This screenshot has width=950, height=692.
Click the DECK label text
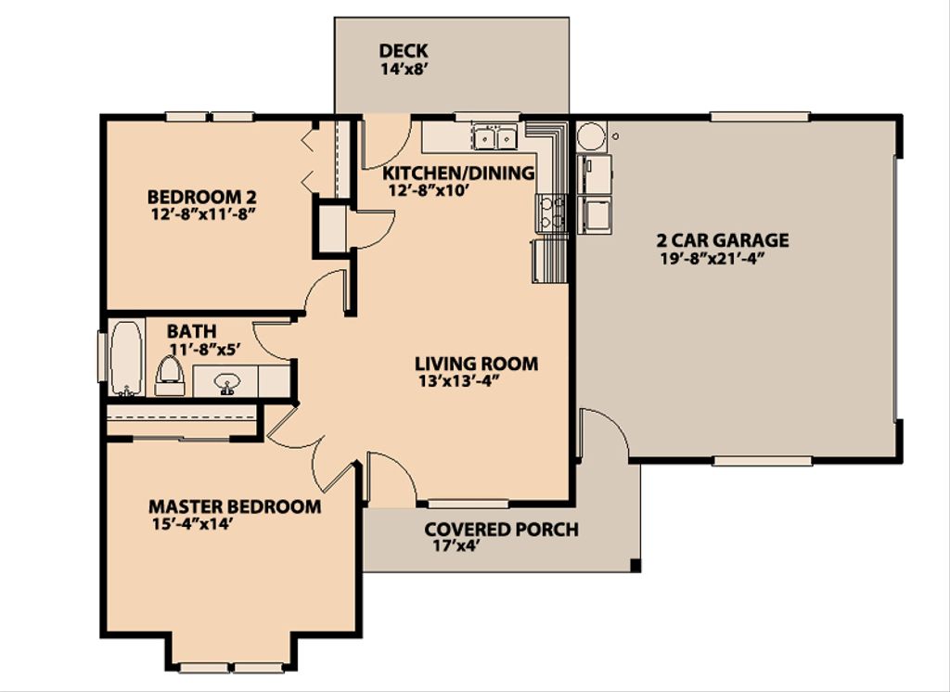(404, 51)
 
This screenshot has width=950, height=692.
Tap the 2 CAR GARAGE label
(725, 240)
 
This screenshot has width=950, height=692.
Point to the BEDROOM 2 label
(201, 197)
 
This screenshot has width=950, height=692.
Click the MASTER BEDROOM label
(235, 506)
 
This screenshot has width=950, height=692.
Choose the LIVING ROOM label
(476, 364)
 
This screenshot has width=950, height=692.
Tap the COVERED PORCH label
(501, 530)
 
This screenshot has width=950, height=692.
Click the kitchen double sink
(494, 138)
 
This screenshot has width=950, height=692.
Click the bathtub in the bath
(125, 357)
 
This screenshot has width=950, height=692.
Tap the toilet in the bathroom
(169, 374)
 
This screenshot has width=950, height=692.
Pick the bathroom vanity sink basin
(226, 380)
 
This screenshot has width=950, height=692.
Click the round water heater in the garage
(590, 137)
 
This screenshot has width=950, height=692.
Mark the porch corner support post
(635, 565)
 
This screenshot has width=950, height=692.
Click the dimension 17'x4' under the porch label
(452, 546)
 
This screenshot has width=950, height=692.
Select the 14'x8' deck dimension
(403, 69)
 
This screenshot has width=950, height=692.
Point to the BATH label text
(192, 331)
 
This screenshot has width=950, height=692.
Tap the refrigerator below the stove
(549, 259)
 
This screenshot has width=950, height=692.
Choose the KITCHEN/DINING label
(458, 173)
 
